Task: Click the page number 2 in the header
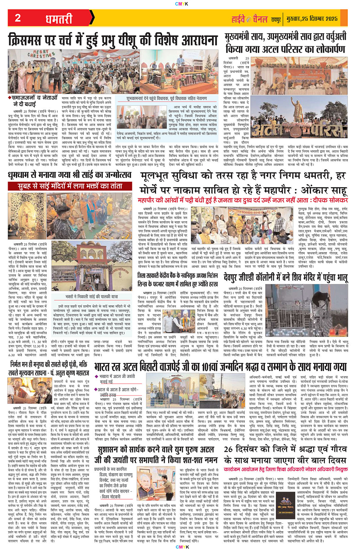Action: click(18, 18)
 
